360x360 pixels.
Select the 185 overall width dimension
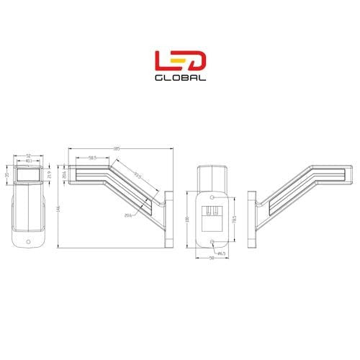coord(116,149)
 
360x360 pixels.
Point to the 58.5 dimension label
coord(93,157)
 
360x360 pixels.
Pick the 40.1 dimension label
coord(29,161)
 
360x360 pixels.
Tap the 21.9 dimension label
coord(49,175)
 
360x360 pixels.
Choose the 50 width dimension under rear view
coord(212,260)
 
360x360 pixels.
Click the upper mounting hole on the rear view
coord(212,197)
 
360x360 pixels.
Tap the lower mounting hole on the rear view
coord(212,241)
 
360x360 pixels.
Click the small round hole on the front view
coord(29,241)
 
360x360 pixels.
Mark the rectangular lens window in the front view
coord(30,175)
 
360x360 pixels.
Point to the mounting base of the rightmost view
coord(251,220)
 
